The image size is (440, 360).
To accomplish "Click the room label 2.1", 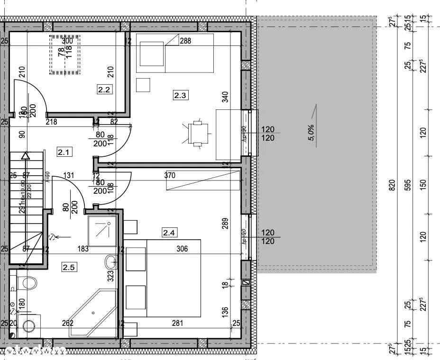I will click(x=64, y=152).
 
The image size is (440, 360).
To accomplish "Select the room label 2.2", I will click(x=104, y=89).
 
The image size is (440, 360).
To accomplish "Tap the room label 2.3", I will click(x=181, y=95).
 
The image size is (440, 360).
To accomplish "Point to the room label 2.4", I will click(x=169, y=232).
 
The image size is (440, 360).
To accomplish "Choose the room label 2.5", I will click(x=69, y=267).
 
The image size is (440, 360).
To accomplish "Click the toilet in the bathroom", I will click(x=27, y=283).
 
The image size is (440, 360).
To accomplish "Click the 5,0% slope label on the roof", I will click(x=312, y=133).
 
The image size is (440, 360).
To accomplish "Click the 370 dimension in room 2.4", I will click(x=170, y=175).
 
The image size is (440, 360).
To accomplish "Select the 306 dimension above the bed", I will click(x=182, y=248).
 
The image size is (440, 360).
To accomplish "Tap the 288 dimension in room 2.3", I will click(x=185, y=41).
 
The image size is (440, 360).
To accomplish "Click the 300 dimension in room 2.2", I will click(x=67, y=41).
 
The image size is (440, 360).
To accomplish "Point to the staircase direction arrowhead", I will click(x=26, y=155).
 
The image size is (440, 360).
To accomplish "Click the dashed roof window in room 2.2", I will click(x=64, y=54).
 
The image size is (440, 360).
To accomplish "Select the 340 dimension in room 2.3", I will click(x=225, y=97).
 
